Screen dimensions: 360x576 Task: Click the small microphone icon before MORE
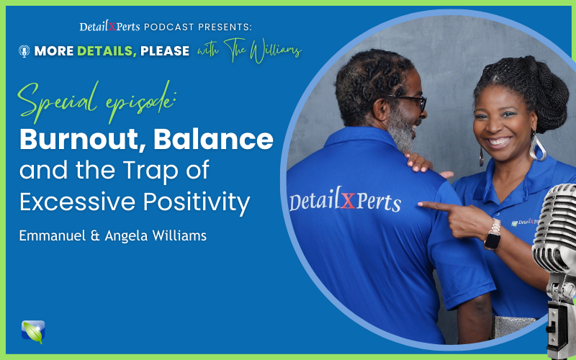click(x=24, y=51)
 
